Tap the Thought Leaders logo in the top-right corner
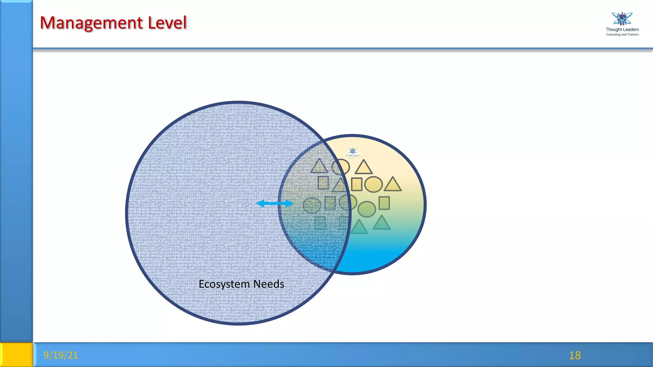622,19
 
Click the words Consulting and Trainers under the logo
622,35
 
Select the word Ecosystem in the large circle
224,284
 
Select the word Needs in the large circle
268,284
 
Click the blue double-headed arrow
275,203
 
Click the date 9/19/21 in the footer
61,355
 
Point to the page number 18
575,355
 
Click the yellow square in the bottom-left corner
16,355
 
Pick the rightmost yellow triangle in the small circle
393,185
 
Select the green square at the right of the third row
384,203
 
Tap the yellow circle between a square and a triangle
373,184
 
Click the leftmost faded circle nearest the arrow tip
312,205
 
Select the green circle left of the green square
367,209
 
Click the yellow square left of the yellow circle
356,184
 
